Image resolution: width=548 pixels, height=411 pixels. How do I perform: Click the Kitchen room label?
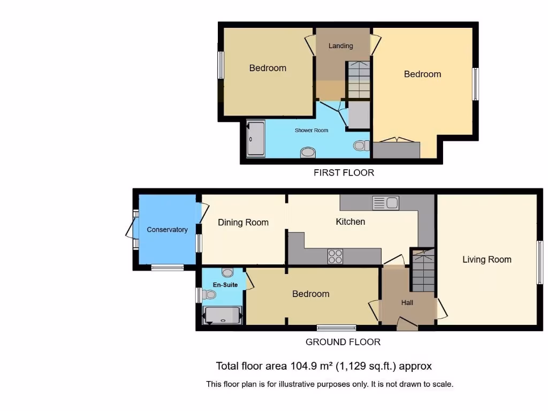pos(350,222)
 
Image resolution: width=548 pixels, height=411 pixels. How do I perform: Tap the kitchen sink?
pos(385,203)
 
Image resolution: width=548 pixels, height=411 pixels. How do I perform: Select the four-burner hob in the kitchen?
pos(335,257)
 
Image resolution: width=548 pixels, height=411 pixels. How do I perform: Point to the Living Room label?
pos(486,260)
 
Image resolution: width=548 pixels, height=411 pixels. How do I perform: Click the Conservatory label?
pos(167,230)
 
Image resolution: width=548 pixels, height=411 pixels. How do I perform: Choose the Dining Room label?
pos(243,223)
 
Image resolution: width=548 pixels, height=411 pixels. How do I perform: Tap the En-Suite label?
pos(225,285)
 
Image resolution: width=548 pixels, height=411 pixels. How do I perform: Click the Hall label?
pos(407,302)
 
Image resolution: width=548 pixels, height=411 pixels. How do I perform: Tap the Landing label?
pos(340,46)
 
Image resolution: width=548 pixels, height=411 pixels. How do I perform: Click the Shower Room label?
pos(311,130)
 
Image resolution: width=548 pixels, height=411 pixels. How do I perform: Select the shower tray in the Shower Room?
pos(255,139)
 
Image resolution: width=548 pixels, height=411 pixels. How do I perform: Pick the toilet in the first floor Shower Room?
pos(362,145)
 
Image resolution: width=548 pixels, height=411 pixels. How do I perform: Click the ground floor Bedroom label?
pos(310,294)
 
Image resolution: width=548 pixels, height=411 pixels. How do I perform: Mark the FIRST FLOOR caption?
pos(344,172)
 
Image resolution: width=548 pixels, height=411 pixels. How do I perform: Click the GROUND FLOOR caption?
pos(343,342)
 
